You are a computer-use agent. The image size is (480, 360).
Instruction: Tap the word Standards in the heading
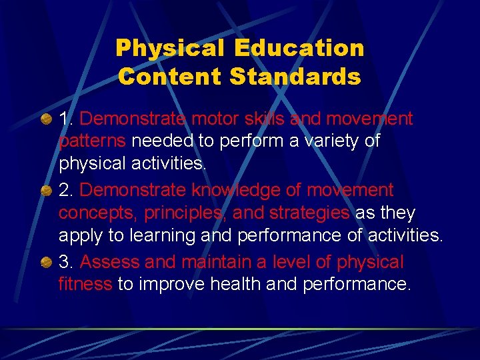click(x=295, y=76)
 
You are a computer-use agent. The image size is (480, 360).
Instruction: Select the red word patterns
click(x=93, y=142)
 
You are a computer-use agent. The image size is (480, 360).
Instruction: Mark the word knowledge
click(x=227, y=191)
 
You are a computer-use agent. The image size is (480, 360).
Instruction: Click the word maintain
click(x=208, y=263)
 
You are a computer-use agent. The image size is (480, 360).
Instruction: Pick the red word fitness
click(x=85, y=285)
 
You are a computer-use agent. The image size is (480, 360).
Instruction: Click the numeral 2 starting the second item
click(x=65, y=191)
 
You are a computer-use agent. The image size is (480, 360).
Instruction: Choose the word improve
click(x=172, y=285)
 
